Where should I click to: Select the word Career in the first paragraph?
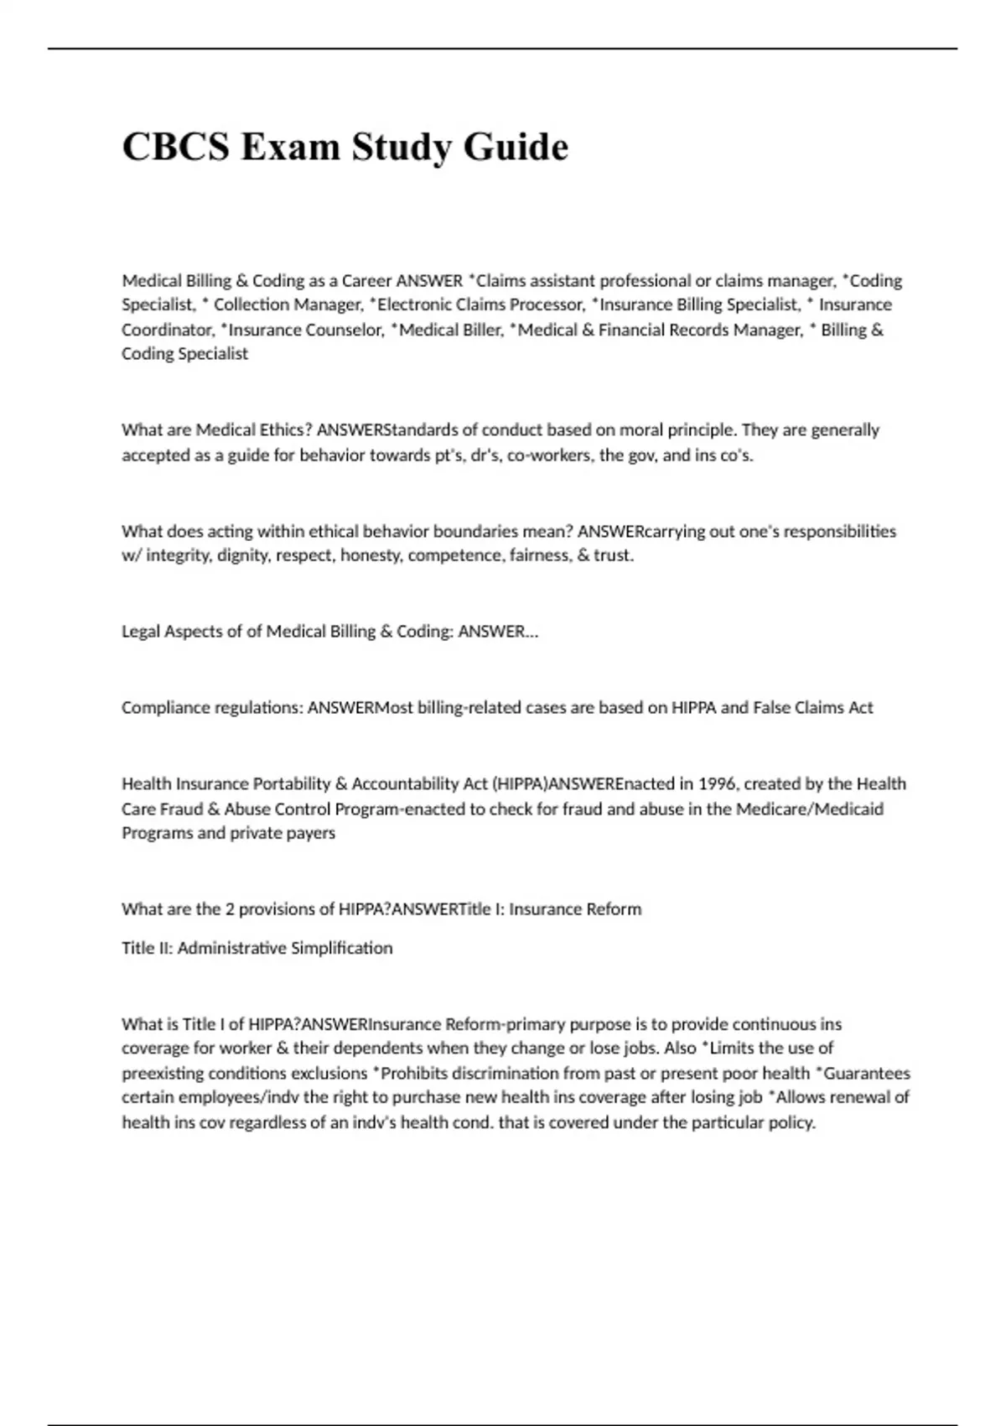(366, 280)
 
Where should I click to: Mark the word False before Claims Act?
(773, 708)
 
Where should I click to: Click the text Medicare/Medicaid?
(809, 809)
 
